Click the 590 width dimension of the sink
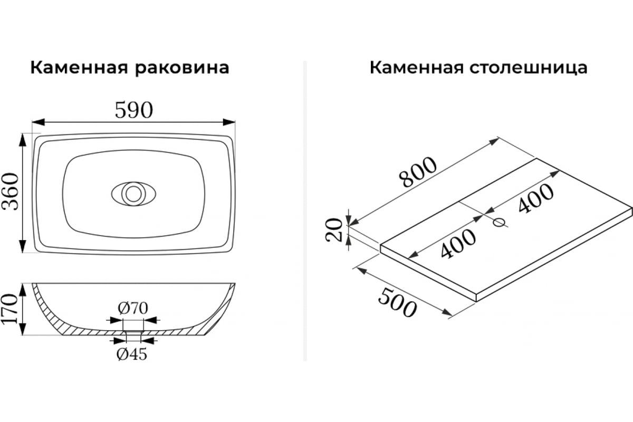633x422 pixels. tap(134, 110)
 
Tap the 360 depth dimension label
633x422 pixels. tap(10, 191)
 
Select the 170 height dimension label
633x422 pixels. tap(9, 309)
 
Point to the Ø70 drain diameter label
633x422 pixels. tap(133, 308)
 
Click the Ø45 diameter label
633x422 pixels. tap(132, 354)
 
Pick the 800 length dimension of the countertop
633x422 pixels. tap(418, 172)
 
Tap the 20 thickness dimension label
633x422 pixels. tap(334, 230)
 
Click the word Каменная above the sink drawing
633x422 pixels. tap(79, 68)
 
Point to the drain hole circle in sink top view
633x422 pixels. tap(133, 194)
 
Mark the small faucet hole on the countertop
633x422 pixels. tap(499, 222)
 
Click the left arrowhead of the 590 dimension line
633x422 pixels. tap(38, 122)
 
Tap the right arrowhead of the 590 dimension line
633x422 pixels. tap(229, 122)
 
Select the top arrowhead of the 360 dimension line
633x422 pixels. tap(22, 140)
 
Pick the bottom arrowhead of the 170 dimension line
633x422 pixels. tap(23, 329)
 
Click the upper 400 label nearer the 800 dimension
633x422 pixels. tap(536, 198)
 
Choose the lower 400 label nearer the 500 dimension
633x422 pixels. tap(458, 243)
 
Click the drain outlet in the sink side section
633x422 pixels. tap(133, 332)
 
